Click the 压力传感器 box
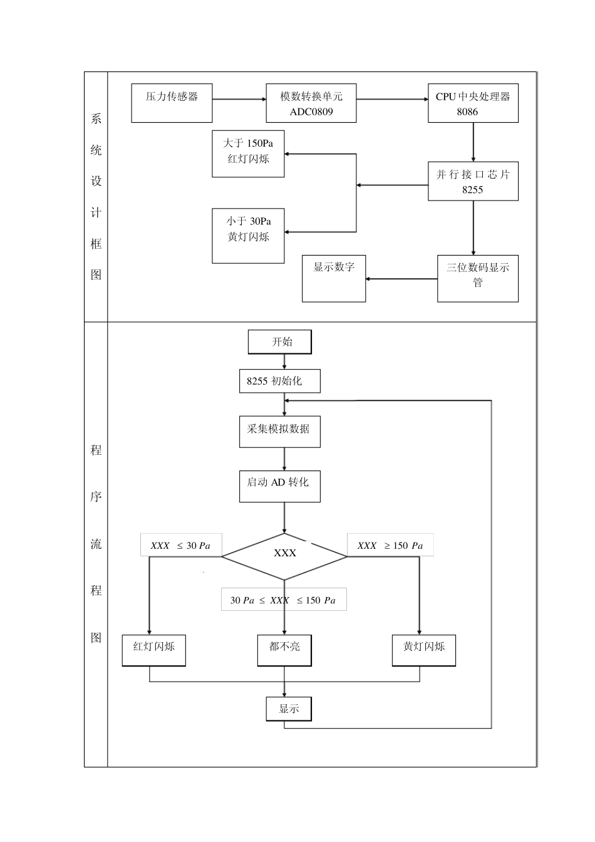click(x=172, y=103)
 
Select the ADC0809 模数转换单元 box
click(x=311, y=103)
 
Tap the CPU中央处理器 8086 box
click(x=473, y=103)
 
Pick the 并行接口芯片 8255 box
click(x=473, y=182)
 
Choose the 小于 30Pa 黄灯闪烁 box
click(x=248, y=236)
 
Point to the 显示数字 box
click(x=334, y=278)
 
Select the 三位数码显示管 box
click(x=477, y=278)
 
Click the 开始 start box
click(x=280, y=342)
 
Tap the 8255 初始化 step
click(x=279, y=381)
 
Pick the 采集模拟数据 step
click(x=279, y=431)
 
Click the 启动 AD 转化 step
click(x=279, y=486)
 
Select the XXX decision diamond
click(x=285, y=555)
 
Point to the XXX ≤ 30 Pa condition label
click(x=180, y=546)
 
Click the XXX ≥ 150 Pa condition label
click(x=390, y=546)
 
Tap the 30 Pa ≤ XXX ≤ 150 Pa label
click(x=283, y=600)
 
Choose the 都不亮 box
click(x=284, y=650)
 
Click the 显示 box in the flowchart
click(x=289, y=709)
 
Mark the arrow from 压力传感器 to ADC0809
click(x=239, y=98)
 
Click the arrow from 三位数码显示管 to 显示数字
click(x=401, y=279)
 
